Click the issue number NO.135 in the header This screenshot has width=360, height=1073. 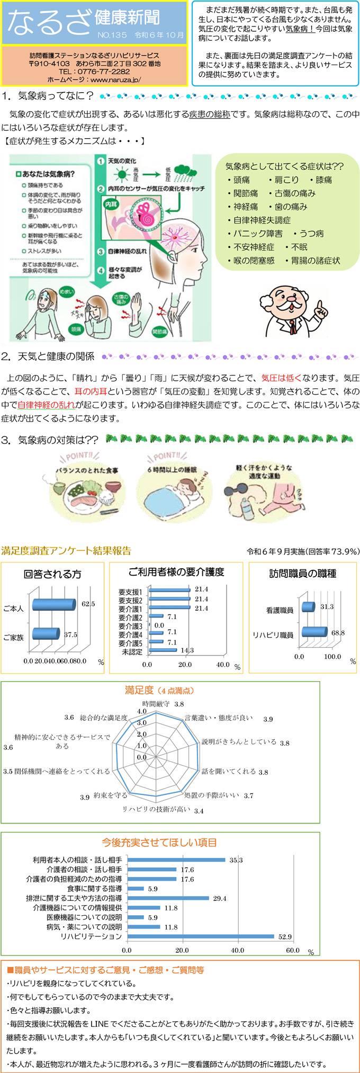[x=112, y=35]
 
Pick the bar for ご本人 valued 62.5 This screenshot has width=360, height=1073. [x=53, y=604]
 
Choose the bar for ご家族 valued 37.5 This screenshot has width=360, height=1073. [x=46, y=633]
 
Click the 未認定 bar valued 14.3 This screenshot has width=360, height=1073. [x=163, y=650]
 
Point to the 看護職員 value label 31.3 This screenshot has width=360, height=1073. [x=327, y=607]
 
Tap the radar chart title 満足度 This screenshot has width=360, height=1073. [x=139, y=690]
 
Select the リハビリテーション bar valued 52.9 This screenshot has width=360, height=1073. [x=201, y=937]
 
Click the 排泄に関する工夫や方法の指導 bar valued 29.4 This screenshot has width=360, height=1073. [x=168, y=898]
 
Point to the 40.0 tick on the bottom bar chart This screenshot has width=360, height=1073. [x=237, y=951]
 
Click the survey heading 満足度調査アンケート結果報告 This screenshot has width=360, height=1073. [x=66, y=551]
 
